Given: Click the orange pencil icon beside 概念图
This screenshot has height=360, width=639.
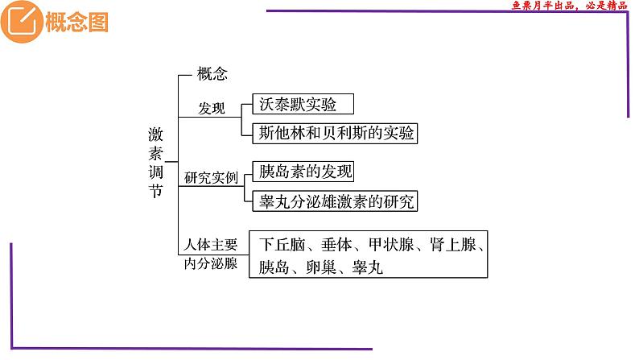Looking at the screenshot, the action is point(19,22).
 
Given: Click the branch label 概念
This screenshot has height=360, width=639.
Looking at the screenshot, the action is point(212,75).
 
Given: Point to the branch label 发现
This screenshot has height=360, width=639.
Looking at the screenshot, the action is point(212,108).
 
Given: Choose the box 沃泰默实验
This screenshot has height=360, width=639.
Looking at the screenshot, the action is point(294,103).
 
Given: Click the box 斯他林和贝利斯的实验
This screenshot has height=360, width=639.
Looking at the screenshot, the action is point(334,133).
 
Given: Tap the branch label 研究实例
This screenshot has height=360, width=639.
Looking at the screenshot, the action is point(212,176).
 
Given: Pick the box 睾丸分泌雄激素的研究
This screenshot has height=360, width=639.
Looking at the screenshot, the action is point(334,201).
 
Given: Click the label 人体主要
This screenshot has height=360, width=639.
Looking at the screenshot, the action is point(211,244).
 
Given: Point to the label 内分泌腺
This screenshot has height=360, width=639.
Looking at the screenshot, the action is point(211,264).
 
